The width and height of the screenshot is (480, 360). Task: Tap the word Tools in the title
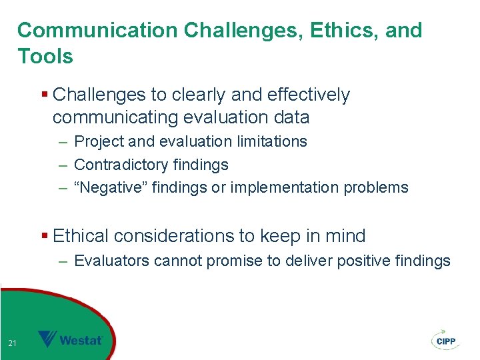45,57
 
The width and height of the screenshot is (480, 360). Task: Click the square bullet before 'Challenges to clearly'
45,95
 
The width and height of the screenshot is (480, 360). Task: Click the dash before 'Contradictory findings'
63,165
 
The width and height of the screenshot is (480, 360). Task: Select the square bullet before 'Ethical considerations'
45,236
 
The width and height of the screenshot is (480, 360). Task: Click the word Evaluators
111,261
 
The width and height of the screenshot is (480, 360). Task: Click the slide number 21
12,343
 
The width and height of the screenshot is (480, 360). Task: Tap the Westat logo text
81,341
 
